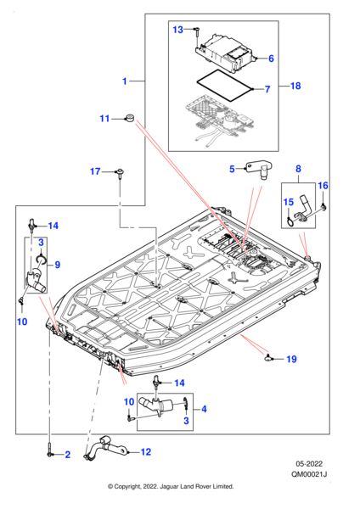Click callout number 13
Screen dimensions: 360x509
point(177,30)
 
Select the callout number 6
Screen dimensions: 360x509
point(271,59)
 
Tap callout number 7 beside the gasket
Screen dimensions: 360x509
point(267,89)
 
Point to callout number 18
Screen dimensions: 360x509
point(295,86)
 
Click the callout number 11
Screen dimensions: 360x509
point(104,119)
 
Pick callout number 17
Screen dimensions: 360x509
point(95,171)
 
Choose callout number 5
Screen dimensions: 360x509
point(232,169)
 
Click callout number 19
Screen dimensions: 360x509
point(291,359)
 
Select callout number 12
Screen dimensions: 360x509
point(146,452)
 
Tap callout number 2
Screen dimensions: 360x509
point(67,455)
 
